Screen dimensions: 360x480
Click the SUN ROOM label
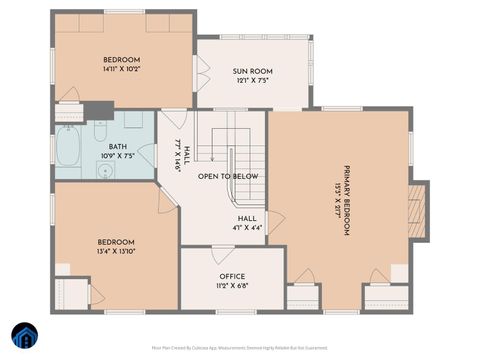254,72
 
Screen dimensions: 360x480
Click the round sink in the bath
107,169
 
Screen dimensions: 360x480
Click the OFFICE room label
232,276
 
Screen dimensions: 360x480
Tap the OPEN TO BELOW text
228,176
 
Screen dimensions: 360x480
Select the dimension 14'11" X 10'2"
122,70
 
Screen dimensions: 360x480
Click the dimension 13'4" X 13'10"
116,252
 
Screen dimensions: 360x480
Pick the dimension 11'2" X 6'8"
232,286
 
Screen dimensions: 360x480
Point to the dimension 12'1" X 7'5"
254,82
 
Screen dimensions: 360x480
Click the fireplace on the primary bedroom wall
419,210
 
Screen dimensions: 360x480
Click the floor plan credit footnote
240,348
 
